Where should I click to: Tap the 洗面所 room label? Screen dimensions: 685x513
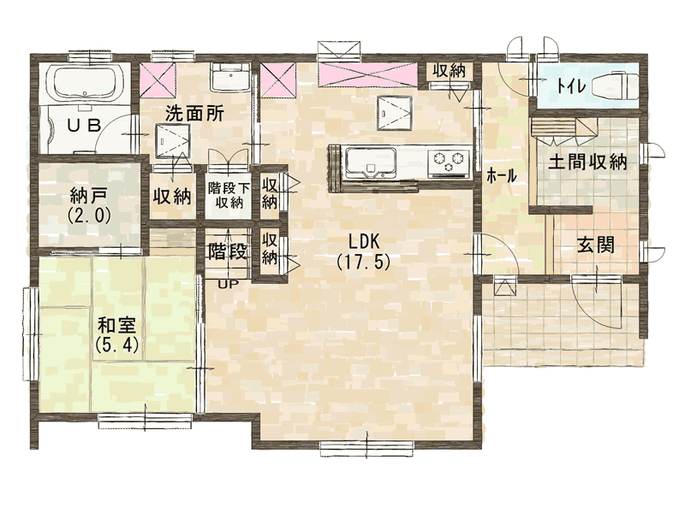tap(194, 115)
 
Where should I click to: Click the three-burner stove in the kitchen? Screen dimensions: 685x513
tap(448, 162)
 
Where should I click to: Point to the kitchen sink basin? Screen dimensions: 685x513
tap(371, 161)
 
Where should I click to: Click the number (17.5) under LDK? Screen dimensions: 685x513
tap(363, 262)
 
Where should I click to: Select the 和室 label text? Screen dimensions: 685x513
tap(116, 326)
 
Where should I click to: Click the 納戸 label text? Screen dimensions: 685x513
tap(89, 197)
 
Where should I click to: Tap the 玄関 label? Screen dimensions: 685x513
tap(596, 245)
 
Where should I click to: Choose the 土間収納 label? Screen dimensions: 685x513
tap(587, 162)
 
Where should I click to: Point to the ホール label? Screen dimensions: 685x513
tap(502, 176)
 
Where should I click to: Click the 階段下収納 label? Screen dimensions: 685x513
tap(229, 195)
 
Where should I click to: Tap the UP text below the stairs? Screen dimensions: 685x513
tap(228, 285)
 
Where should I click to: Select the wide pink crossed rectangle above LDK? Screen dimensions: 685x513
tap(366, 75)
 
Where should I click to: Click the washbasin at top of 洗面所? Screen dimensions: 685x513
tap(229, 78)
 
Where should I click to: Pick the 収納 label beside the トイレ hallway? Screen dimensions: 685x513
tap(449, 71)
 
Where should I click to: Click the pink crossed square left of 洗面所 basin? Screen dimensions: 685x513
tap(158, 80)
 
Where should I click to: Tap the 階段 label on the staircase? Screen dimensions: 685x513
tap(228, 252)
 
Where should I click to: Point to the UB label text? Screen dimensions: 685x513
tap(85, 126)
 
